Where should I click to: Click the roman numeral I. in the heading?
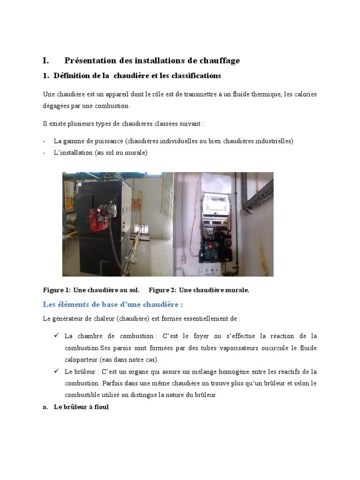tap(45, 60)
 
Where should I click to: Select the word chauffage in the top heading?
tap(220, 60)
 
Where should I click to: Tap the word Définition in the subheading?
tap(73, 75)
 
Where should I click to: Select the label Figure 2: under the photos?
tap(163, 290)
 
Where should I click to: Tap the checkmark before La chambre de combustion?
tap(56, 336)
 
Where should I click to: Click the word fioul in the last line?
tap(101, 407)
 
